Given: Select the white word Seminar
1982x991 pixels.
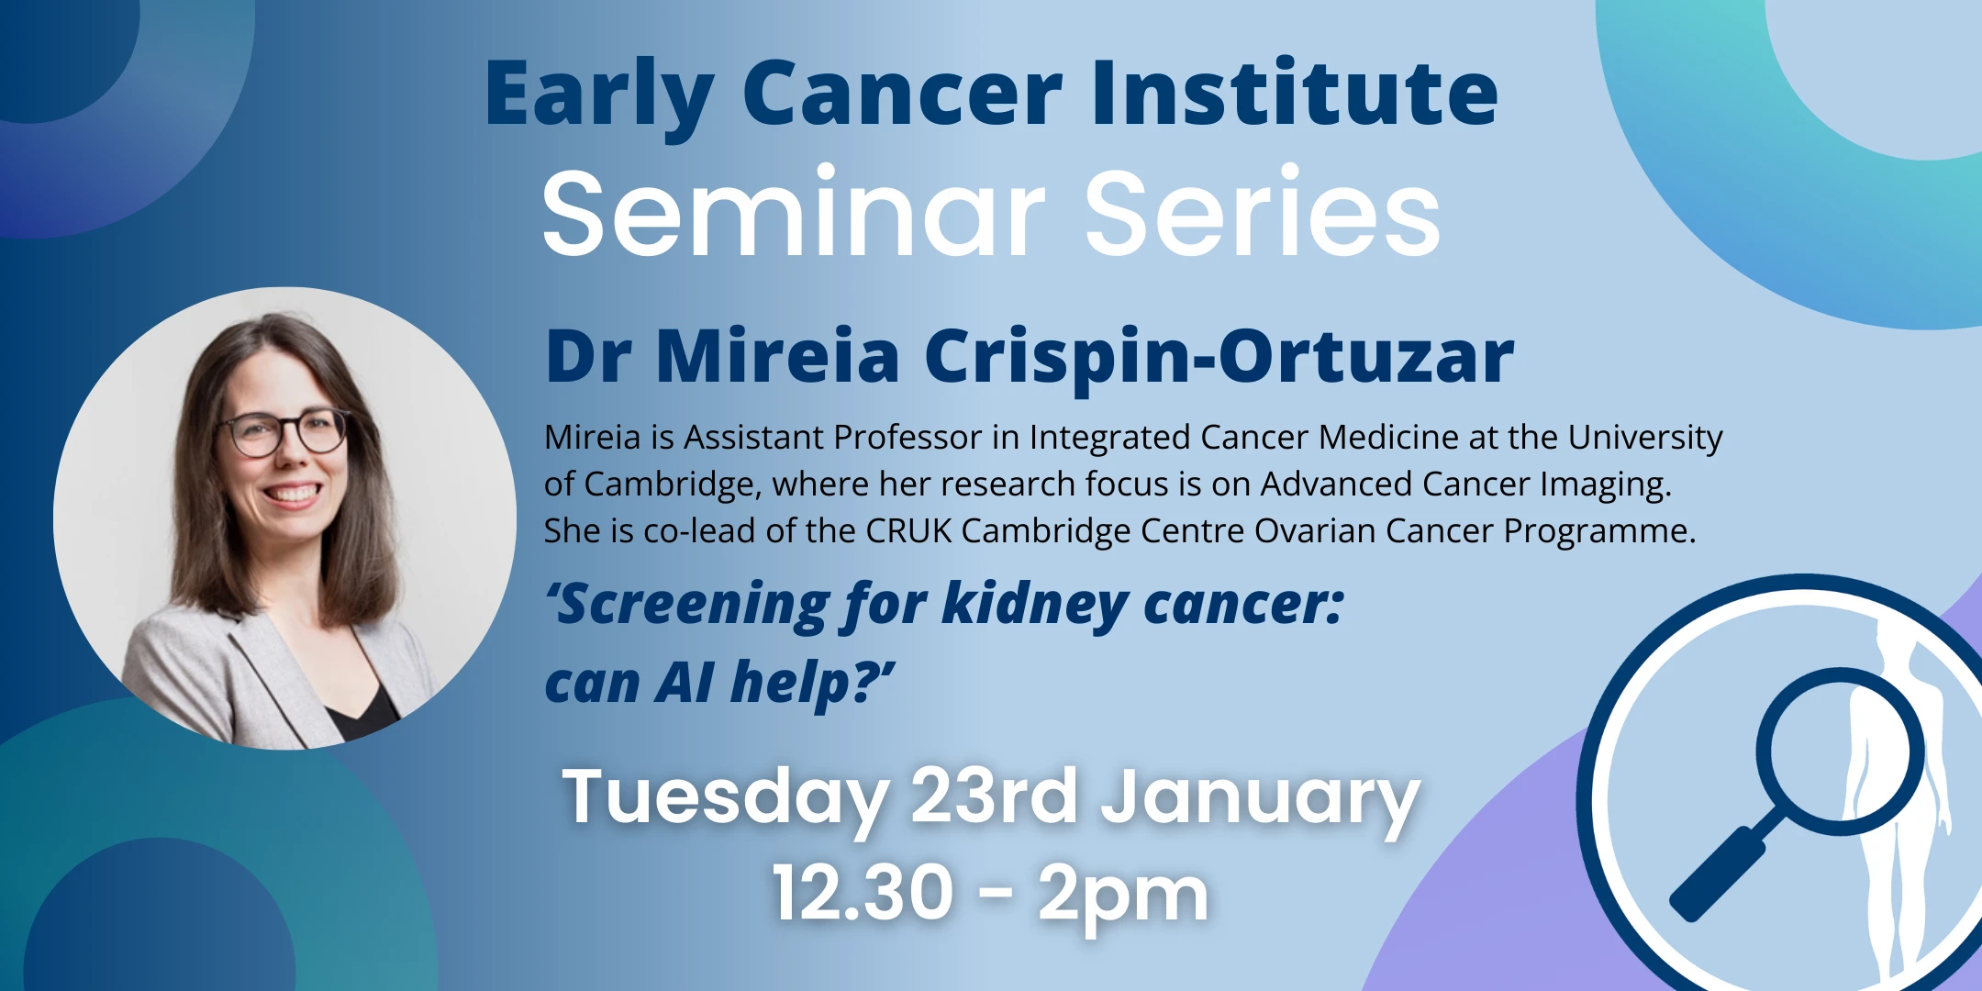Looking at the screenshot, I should click(794, 216).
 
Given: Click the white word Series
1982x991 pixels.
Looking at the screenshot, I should click(1262, 216).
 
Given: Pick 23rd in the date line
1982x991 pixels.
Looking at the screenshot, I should click(994, 796).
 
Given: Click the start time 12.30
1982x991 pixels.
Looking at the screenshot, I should click(863, 893).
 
